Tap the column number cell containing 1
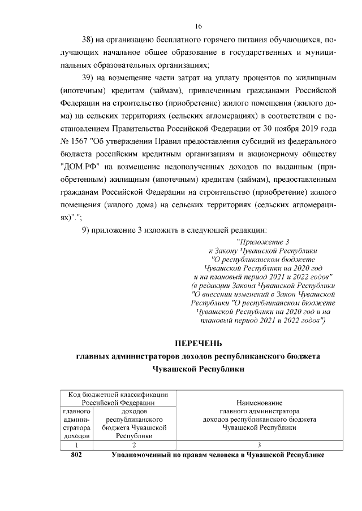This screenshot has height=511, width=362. point(74,445)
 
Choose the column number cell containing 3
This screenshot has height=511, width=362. point(259,445)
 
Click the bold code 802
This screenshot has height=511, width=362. point(74,455)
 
